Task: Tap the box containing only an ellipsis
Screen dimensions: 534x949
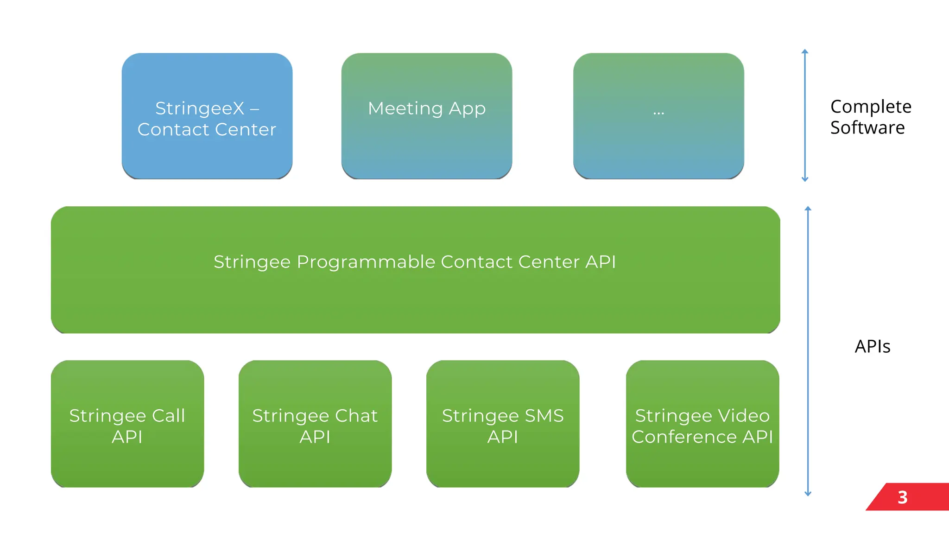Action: pyautogui.click(x=658, y=116)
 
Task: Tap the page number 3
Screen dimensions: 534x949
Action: pyautogui.click(x=902, y=497)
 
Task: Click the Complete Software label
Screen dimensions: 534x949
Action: pyautogui.click(x=870, y=117)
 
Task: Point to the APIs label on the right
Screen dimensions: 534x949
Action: pyautogui.click(x=872, y=347)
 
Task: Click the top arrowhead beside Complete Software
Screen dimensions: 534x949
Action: pyautogui.click(x=805, y=51)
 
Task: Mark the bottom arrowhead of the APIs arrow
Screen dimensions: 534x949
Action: pyautogui.click(x=808, y=494)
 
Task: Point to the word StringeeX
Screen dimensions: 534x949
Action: pyautogui.click(x=199, y=109)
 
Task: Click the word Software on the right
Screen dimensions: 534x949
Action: pyautogui.click(x=867, y=127)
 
